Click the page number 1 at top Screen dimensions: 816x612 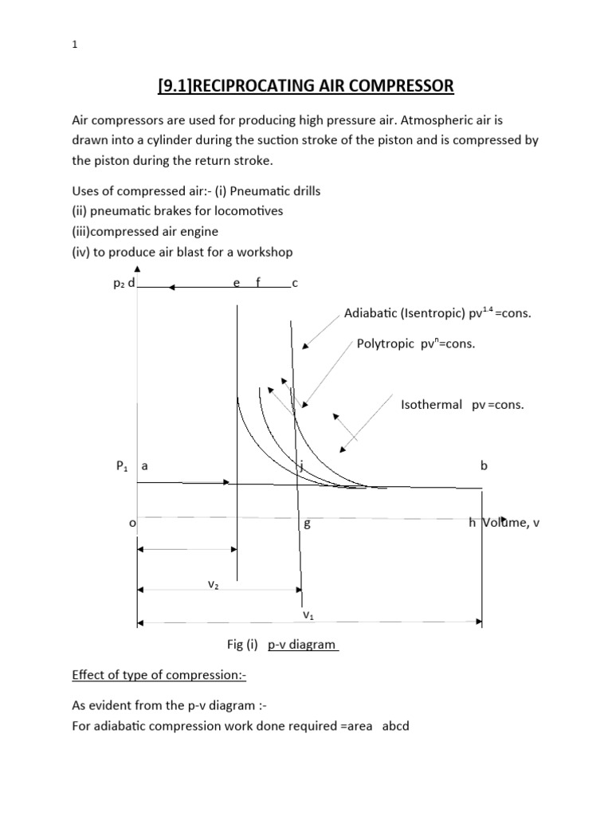[x=73, y=45]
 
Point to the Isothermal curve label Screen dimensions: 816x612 [x=431, y=405]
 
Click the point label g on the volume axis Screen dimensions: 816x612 [x=307, y=524]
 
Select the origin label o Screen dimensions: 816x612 [x=132, y=523]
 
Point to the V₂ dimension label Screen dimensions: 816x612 [x=214, y=584]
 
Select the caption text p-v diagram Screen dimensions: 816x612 [x=302, y=644]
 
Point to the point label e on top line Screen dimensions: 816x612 [x=236, y=284]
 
